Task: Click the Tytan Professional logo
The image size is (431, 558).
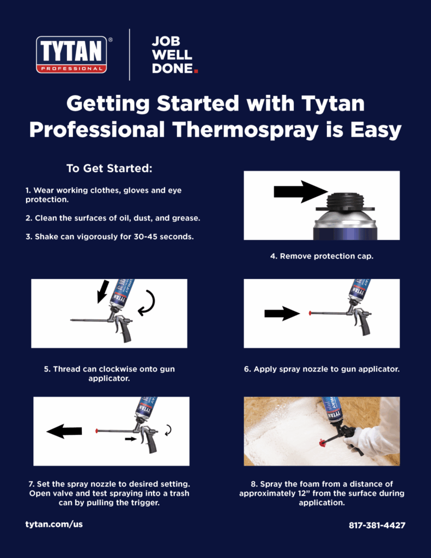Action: click(x=71, y=54)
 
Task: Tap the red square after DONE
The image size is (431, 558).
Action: click(x=196, y=71)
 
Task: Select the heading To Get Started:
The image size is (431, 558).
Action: click(x=110, y=168)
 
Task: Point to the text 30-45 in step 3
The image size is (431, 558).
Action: click(x=145, y=236)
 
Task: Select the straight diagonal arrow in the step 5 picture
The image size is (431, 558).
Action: click(x=103, y=292)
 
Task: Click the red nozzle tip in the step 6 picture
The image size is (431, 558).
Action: click(x=310, y=313)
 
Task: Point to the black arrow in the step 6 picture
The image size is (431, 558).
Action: click(x=282, y=313)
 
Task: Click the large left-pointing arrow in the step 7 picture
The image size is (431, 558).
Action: click(x=64, y=432)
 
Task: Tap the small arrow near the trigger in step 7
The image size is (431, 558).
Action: click(x=131, y=439)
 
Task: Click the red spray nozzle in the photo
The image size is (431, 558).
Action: click(x=323, y=443)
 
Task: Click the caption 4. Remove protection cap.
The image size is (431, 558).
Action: click(x=321, y=256)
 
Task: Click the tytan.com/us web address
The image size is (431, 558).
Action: click(x=54, y=524)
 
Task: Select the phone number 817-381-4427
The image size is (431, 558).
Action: click(x=377, y=525)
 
